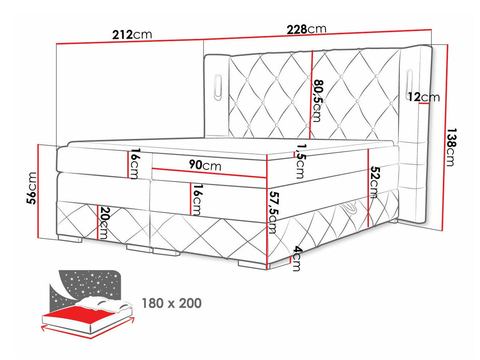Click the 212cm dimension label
(x=132, y=35)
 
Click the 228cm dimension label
(x=307, y=29)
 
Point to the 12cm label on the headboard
(x=424, y=97)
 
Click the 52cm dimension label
(x=374, y=182)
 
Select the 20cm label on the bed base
(x=104, y=223)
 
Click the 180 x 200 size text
(x=172, y=303)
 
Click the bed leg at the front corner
(x=253, y=264)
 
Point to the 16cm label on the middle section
(x=197, y=199)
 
